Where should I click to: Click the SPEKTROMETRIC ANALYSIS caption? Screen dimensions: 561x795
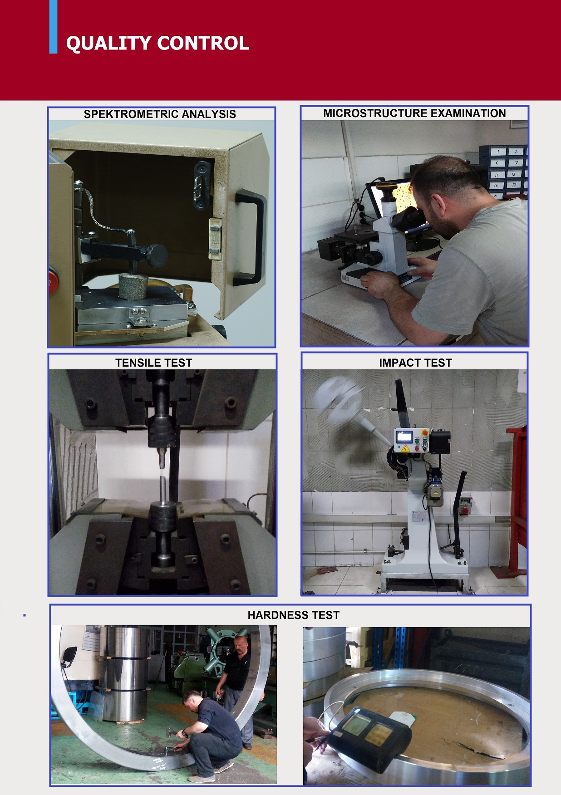160,114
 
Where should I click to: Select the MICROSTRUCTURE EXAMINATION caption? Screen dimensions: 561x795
414,113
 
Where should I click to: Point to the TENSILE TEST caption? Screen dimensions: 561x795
154,363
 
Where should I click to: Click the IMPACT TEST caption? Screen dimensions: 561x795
415,363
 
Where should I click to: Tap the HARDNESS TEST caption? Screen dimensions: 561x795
294,615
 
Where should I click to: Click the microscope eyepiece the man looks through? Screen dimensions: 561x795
407,218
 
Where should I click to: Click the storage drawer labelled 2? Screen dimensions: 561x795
516,152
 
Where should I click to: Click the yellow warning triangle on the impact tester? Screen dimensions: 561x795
405,448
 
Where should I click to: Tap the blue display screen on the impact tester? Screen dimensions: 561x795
404,437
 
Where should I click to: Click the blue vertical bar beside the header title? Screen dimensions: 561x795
54,27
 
